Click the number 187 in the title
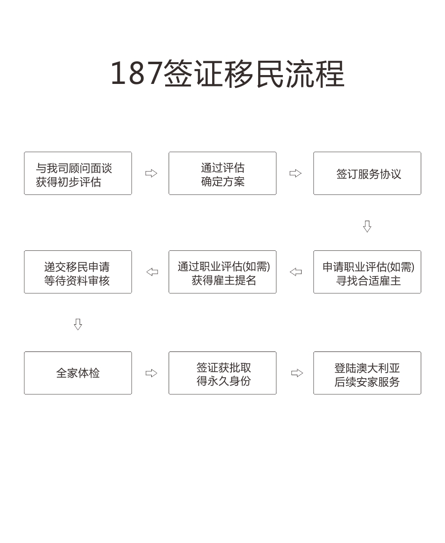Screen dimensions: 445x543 (136, 73)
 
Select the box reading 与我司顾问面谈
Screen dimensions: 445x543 (78, 173)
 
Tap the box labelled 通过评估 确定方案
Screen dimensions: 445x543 (222, 173)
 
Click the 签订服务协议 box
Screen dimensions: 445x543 (367, 173)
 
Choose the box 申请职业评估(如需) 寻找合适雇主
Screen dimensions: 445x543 (367, 272)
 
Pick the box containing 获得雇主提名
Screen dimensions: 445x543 (222, 272)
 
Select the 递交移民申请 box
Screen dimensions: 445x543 (78, 272)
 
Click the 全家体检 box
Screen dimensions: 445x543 (78, 373)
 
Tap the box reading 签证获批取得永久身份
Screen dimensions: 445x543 (222, 373)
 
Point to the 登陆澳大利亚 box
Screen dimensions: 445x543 (367, 373)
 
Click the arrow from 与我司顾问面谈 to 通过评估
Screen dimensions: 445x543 (151, 173)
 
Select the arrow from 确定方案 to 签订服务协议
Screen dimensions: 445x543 (296, 173)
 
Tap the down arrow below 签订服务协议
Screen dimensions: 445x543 (367, 226)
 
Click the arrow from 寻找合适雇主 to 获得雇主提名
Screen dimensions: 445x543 (296, 272)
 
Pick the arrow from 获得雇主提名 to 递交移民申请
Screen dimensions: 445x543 (152, 272)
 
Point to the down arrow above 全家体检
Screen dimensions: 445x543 (78, 324)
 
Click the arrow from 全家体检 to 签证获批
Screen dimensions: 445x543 (151, 373)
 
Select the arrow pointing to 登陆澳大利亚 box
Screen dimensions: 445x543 (297, 373)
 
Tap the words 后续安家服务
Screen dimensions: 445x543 (367, 382)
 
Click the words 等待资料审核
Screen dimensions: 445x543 (77, 280)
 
